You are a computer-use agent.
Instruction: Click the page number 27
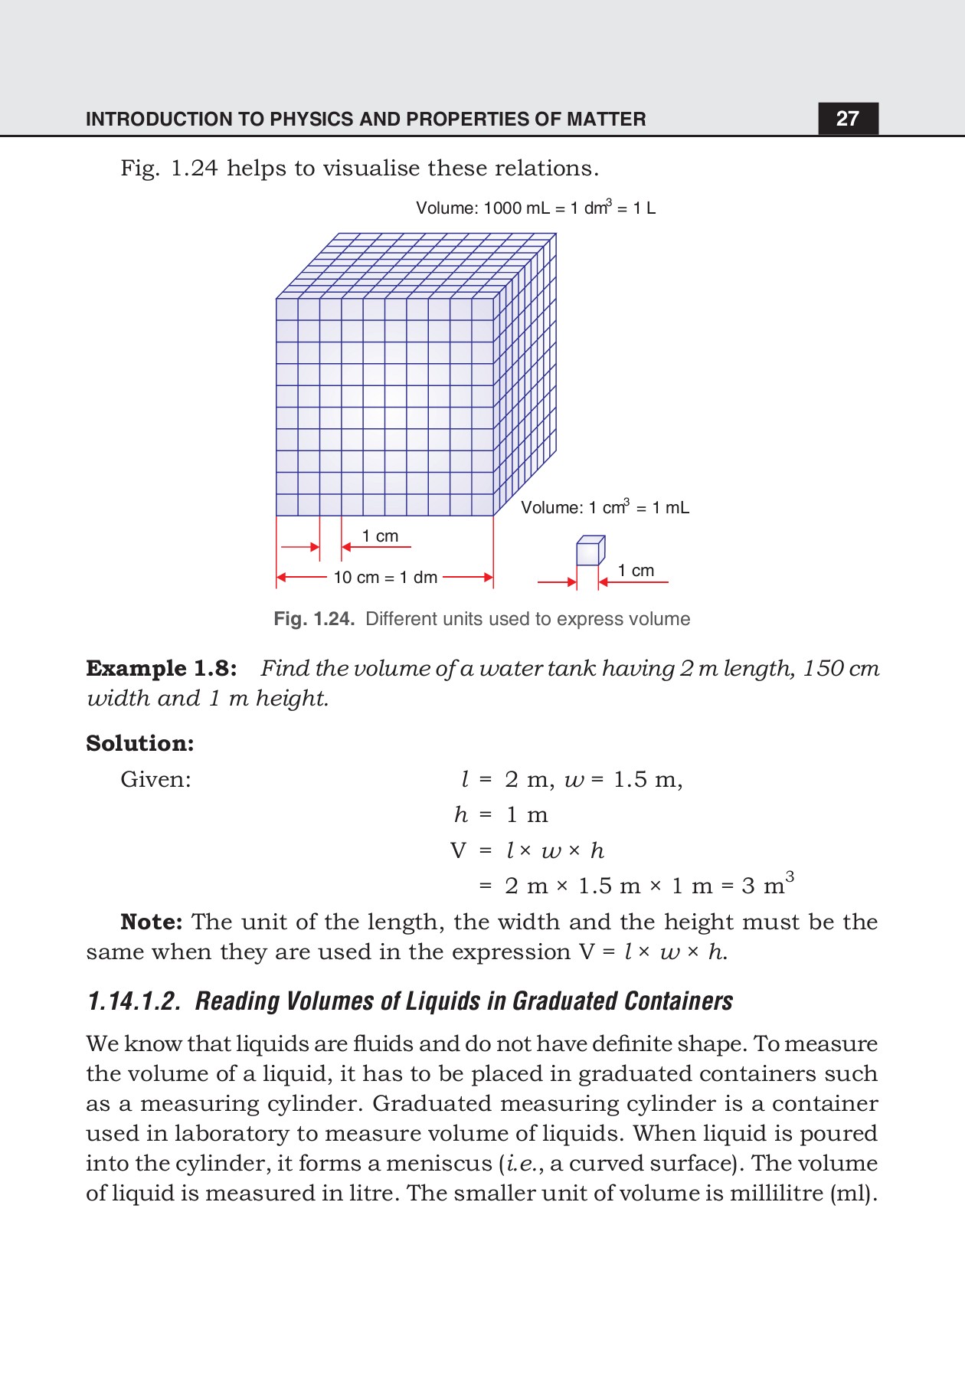(847, 118)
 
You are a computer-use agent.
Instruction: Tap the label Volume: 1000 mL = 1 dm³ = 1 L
(535, 208)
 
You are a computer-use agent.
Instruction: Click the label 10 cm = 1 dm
(385, 578)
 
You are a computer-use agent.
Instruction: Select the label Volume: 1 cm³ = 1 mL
(605, 507)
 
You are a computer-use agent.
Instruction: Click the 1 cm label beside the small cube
(636, 571)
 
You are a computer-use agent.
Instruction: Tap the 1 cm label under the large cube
(380, 536)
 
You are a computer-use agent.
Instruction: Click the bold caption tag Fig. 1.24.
(314, 619)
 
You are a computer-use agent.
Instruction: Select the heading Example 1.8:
(161, 669)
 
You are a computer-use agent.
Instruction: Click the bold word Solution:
(140, 743)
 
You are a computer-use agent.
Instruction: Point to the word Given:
(155, 780)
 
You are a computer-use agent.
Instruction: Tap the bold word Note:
(151, 922)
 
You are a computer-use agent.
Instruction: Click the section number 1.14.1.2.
(134, 1001)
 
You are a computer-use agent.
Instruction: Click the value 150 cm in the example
(841, 669)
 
